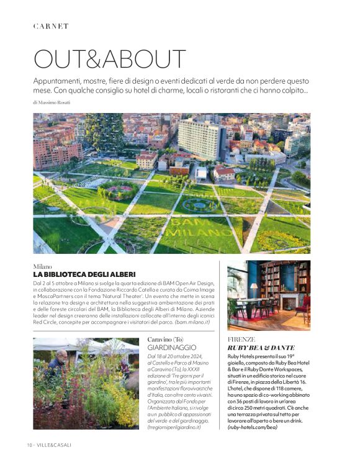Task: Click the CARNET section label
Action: (51, 26)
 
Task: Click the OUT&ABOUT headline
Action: (109, 59)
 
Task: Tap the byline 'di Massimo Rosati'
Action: (52, 102)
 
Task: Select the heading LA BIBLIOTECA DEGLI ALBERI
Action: (84, 274)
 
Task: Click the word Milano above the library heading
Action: (43, 266)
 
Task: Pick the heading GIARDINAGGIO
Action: (172, 348)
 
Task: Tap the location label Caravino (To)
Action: (166, 340)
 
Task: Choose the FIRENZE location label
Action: (242, 340)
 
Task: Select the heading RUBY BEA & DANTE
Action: (261, 348)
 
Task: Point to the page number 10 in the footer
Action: (29, 445)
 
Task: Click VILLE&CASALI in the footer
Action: (58, 445)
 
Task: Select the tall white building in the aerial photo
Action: (201, 138)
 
